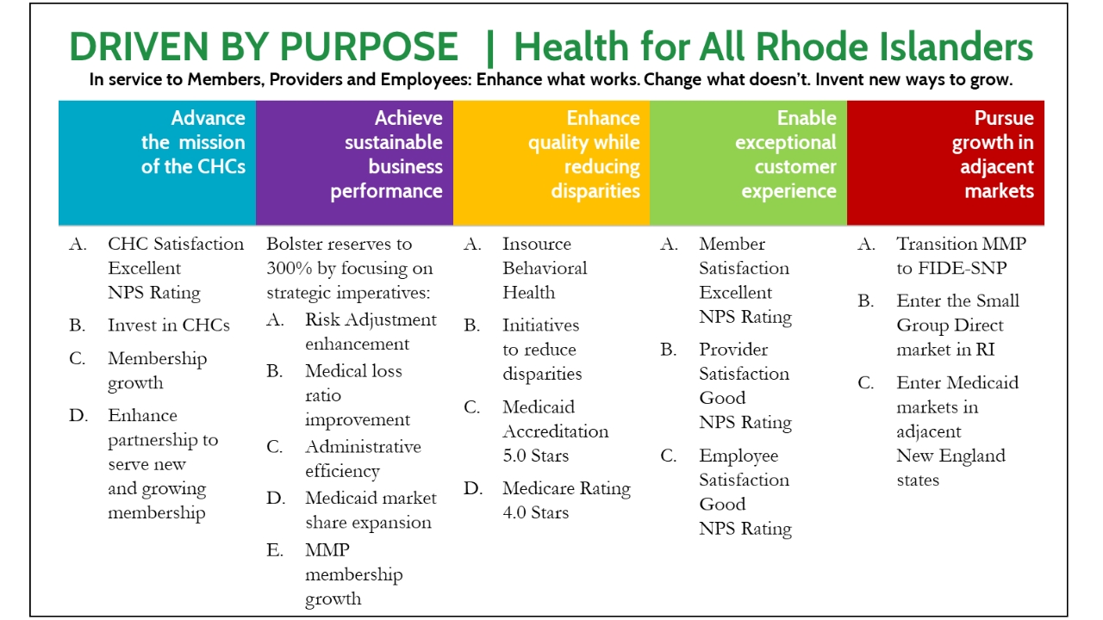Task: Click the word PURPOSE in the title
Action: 369,46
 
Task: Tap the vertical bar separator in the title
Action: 489,48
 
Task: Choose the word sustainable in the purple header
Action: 393,142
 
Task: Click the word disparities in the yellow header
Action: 595,191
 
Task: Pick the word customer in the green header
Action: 795,167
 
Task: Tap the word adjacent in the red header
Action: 997,167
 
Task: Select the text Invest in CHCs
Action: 168,325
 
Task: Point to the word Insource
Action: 536,244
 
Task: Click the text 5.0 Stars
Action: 536,456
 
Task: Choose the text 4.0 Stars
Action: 536,512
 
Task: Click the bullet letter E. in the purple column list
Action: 275,549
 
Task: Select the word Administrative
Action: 363,447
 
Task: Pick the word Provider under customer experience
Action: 733,350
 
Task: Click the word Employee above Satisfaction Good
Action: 738,456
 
